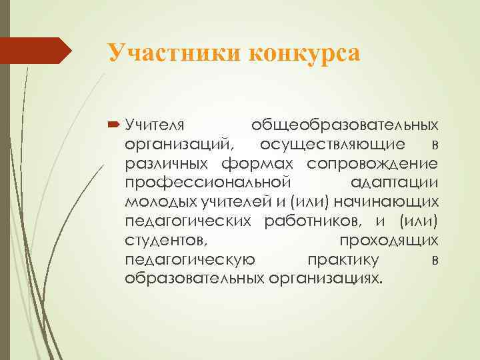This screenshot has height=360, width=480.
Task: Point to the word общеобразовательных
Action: click(344, 125)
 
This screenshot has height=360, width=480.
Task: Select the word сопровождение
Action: click(372, 163)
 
